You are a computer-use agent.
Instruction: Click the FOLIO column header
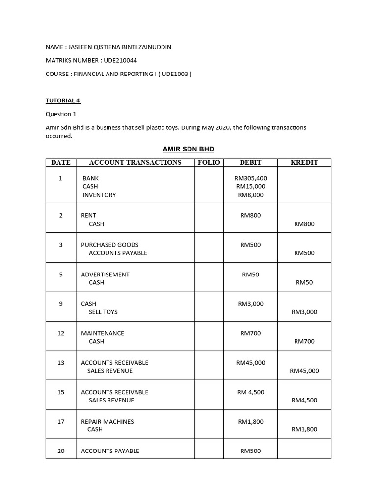coord(209,162)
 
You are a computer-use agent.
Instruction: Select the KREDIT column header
coord(304,162)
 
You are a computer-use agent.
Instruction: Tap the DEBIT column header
coord(250,162)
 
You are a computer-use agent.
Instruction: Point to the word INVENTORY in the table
coord(99,195)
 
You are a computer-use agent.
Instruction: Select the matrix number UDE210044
coord(121,60)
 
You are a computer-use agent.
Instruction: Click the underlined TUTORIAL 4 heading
coord(63,100)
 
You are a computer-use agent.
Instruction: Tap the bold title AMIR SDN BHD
coord(188,149)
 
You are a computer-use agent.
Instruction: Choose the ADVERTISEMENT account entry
coord(105,275)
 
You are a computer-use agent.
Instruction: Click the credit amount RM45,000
coord(304,371)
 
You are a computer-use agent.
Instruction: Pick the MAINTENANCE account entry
coord(103,333)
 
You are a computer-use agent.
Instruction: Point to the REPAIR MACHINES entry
coord(108,422)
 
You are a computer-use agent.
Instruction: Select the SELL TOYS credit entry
coord(103,312)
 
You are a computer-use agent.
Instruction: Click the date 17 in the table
coord(61,422)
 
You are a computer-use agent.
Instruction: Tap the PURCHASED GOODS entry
coord(110,245)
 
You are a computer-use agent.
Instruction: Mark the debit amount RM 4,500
coord(250,392)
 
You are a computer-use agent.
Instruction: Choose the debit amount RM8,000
coord(250,195)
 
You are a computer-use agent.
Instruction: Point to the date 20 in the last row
coord(61,451)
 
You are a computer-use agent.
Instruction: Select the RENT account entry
coord(89,215)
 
